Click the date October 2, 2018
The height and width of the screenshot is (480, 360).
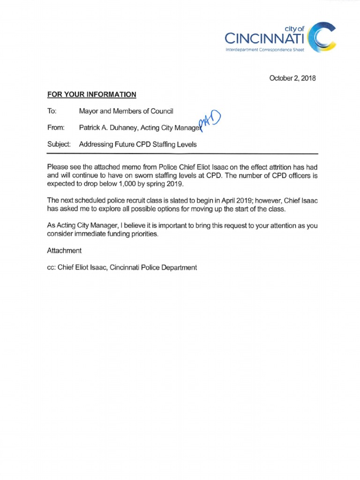tap(293, 78)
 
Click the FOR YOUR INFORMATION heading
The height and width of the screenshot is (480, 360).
tap(92, 95)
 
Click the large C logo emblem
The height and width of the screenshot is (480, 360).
tap(324, 37)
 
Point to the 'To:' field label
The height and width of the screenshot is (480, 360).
tap(52, 111)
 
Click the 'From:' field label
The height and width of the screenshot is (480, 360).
tap(55, 127)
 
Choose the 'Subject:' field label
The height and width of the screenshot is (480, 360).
tap(59, 144)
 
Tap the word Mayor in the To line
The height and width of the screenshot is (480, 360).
tap(89, 111)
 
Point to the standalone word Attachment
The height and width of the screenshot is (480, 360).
tap(64, 250)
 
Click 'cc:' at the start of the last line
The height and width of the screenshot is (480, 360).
tap(52, 267)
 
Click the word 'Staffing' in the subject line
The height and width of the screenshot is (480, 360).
tap(161, 144)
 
